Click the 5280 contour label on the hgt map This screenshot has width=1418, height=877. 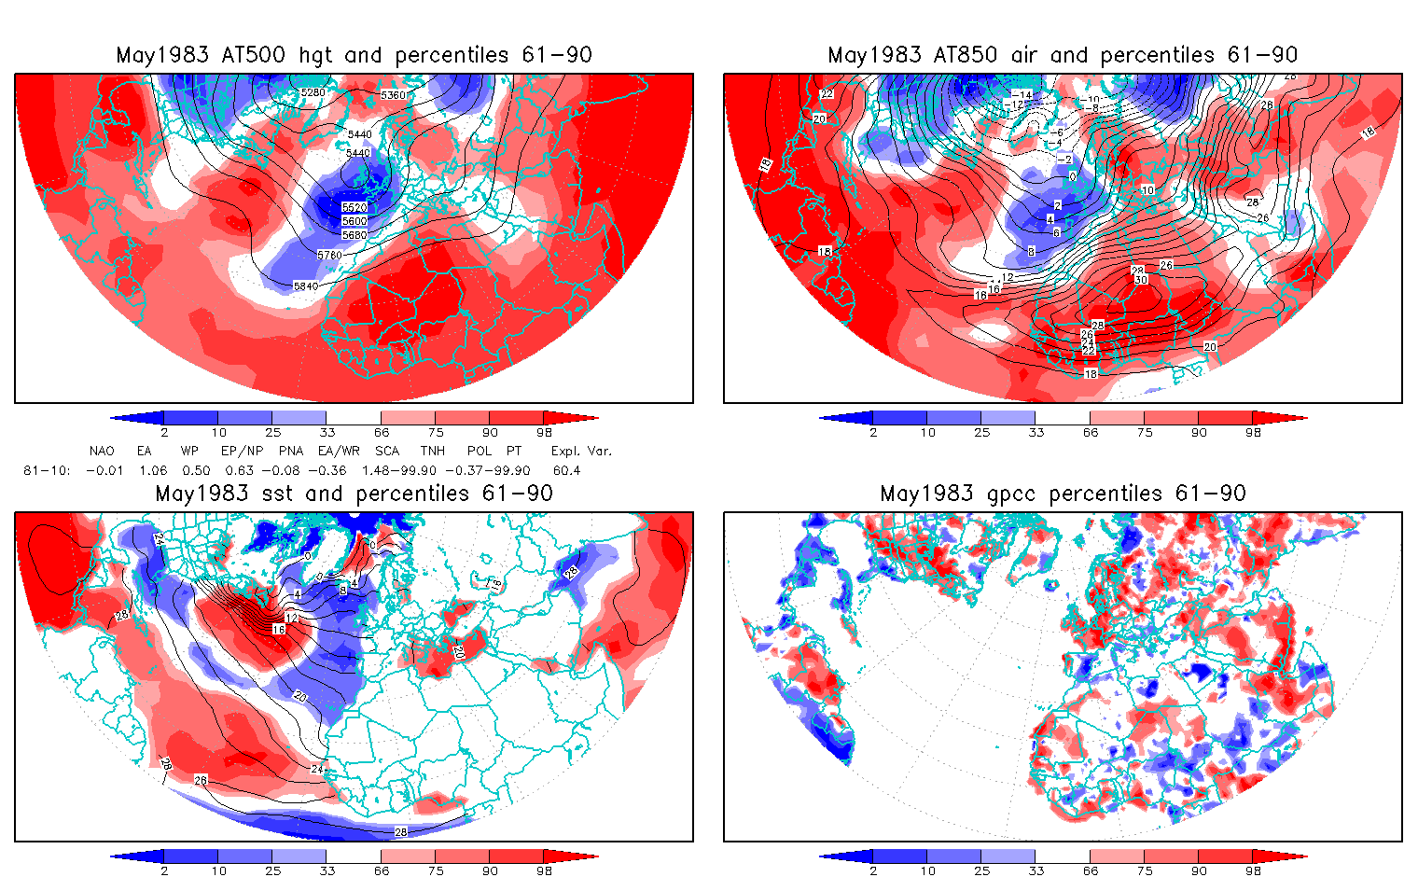(313, 92)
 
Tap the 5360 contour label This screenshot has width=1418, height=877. (394, 95)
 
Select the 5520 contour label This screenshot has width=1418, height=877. (354, 207)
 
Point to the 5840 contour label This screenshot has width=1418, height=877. (305, 286)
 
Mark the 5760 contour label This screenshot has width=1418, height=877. (329, 255)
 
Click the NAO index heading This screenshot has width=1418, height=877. (102, 451)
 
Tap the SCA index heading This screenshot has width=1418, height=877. (387, 451)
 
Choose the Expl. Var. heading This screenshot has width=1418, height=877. (581, 451)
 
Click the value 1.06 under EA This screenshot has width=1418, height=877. (152, 470)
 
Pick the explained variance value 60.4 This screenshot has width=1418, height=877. (566, 470)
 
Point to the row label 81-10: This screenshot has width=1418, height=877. (47, 470)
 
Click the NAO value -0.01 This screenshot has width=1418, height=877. (104, 470)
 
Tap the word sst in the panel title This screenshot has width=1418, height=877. (279, 494)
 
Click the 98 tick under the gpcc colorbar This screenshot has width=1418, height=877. (1253, 870)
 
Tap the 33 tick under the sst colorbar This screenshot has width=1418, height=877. (327, 870)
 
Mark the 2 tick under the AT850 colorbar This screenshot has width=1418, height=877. (873, 432)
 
